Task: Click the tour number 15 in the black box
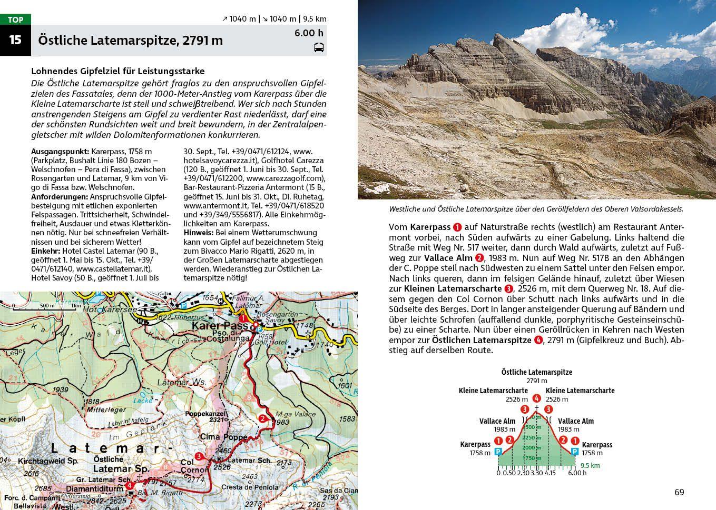point(15,40)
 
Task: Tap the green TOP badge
point(15,19)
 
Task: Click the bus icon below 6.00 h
point(319,48)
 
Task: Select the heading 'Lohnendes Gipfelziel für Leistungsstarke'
point(118,71)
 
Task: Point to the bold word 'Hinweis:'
point(198,233)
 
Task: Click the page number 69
point(679,492)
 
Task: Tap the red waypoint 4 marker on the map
point(129,486)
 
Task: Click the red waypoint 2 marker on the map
point(262,419)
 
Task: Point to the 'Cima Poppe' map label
point(223,437)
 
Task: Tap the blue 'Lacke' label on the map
point(143,401)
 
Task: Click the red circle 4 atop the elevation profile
point(536,399)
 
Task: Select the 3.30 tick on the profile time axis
point(537,473)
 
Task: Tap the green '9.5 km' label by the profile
point(590,465)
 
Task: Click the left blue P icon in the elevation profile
point(498,452)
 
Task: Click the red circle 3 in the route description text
point(508,288)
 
